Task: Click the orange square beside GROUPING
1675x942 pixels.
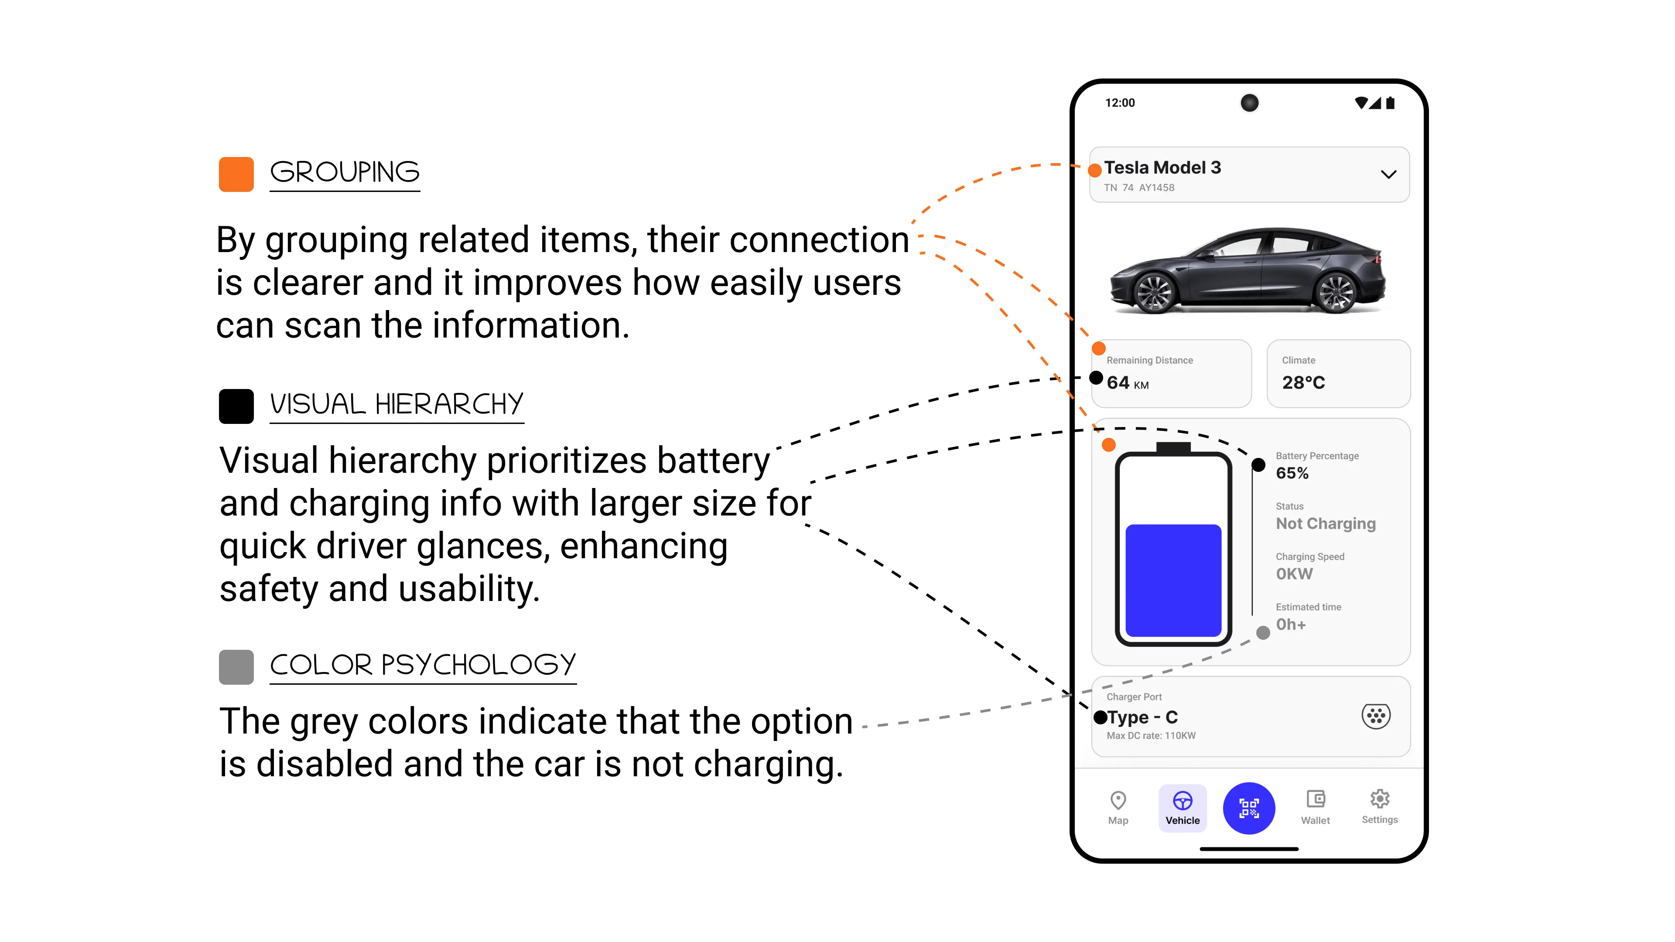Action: [x=236, y=174]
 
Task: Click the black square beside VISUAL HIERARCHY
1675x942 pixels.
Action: [x=236, y=406]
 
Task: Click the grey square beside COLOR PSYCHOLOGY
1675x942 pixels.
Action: [x=236, y=667]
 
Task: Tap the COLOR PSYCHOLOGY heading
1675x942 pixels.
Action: [x=423, y=664]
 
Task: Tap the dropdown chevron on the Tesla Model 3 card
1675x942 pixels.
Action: [x=1388, y=174]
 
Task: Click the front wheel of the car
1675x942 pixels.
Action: [x=1154, y=293]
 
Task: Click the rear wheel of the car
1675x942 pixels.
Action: [x=1334, y=293]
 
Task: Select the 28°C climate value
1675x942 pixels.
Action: [x=1303, y=382]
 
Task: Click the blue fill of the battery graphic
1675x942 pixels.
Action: [x=1173, y=580]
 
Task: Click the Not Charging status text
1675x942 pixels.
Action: [x=1325, y=523]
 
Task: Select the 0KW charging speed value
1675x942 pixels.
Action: [x=1294, y=574]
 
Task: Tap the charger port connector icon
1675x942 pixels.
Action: [x=1376, y=717]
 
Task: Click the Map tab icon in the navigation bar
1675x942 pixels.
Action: [x=1118, y=800]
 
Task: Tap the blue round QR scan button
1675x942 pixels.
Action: [x=1248, y=808]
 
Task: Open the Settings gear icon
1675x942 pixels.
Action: [x=1379, y=799]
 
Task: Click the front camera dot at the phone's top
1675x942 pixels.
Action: [x=1249, y=103]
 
